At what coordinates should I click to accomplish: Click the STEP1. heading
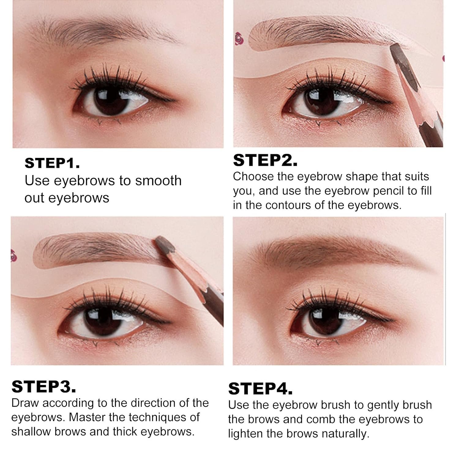click(52, 163)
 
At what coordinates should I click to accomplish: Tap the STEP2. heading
click(265, 160)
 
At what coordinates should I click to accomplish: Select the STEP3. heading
click(44, 387)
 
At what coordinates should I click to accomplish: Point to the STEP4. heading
click(260, 389)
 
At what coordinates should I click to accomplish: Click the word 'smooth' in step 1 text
click(159, 181)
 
